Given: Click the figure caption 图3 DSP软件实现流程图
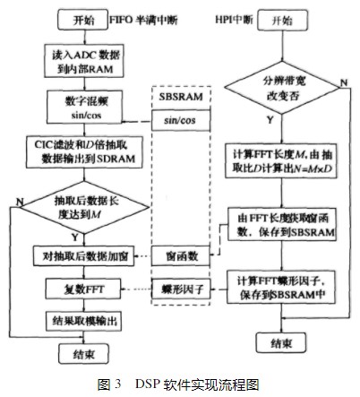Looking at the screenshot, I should coord(180,384).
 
